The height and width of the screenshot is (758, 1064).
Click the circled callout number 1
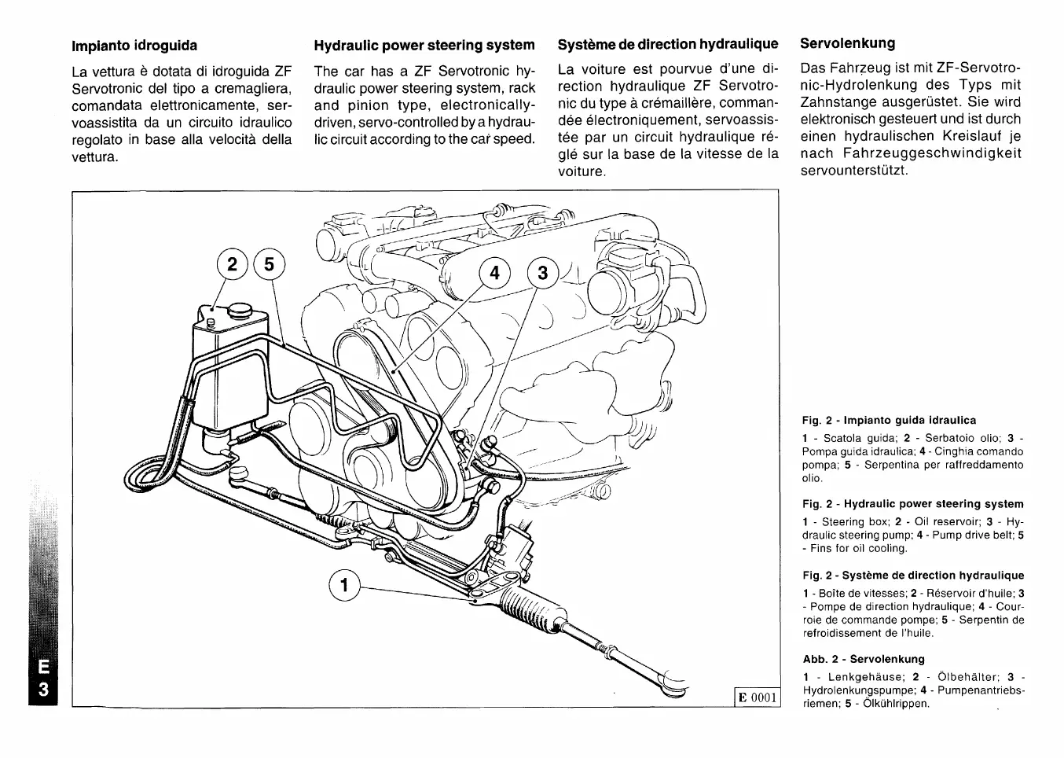click(x=343, y=585)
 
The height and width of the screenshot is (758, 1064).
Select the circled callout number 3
click(x=542, y=274)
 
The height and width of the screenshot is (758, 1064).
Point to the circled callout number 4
click(x=494, y=274)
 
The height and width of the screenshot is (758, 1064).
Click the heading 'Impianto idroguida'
click(x=134, y=46)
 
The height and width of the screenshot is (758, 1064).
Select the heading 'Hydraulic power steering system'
click(x=424, y=46)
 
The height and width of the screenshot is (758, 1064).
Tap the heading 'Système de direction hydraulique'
click(x=668, y=44)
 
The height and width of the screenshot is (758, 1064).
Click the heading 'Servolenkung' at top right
click(x=847, y=43)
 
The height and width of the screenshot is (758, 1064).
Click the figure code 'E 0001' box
click(x=755, y=697)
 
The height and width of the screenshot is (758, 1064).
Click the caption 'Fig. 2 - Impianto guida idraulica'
click(x=889, y=421)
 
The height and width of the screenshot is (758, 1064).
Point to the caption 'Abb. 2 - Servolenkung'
click(x=864, y=660)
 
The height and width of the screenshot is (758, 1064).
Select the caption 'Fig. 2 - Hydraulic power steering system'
click(x=912, y=504)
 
